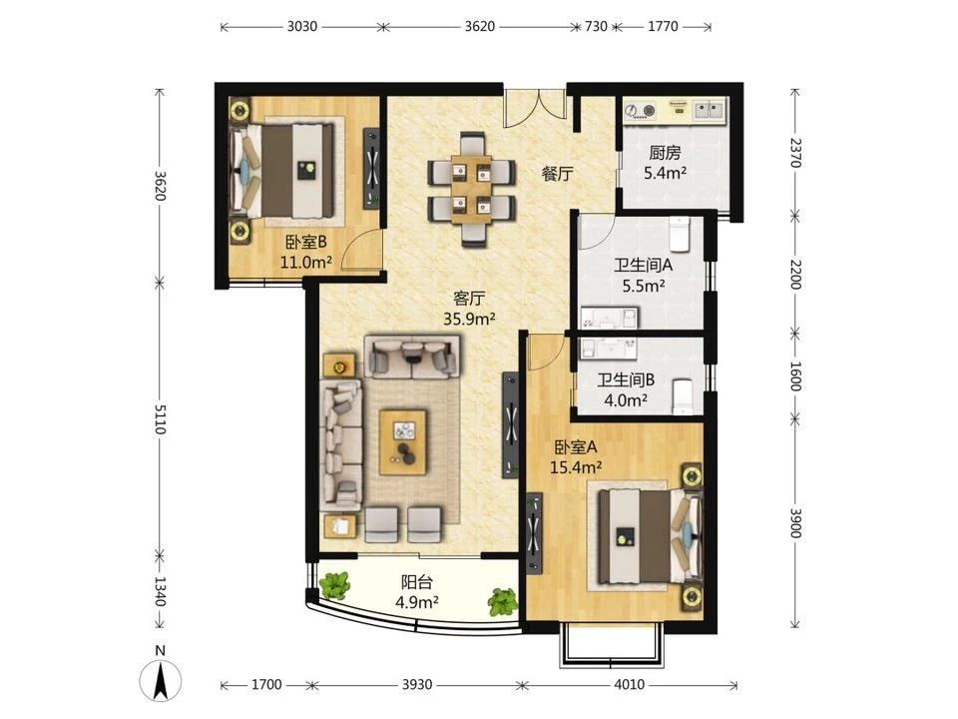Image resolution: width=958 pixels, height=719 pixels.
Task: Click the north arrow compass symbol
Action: point(160,680)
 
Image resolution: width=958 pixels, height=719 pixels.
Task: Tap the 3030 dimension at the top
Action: point(301,26)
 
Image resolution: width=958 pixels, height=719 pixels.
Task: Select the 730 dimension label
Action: point(596,26)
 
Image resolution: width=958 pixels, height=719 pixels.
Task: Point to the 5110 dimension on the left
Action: point(160,418)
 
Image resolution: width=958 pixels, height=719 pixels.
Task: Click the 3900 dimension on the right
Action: point(795,522)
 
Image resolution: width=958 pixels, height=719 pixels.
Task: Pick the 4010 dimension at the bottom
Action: point(629,684)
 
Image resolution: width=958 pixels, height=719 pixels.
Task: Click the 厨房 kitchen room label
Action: point(665,152)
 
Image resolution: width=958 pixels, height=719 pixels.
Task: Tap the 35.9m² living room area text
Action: point(469,319)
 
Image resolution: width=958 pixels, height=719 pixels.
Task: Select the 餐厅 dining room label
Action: point(557,174)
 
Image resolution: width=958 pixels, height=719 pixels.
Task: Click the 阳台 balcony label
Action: point(417,581)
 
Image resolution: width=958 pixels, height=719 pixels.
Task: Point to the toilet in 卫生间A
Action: point(680,234)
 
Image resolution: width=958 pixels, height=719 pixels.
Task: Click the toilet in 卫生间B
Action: point(683,396)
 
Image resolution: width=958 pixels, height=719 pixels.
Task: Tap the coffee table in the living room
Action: point(402,442)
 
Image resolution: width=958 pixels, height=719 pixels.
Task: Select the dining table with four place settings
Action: point(471,189)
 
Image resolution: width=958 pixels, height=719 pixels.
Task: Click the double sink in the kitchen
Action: point(709,110)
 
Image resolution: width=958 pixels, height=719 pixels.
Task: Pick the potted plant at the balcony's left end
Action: point(334,585)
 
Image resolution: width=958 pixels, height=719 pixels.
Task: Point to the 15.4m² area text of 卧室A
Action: point(576,467)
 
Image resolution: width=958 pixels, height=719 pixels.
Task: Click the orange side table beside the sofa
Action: point(339,366)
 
